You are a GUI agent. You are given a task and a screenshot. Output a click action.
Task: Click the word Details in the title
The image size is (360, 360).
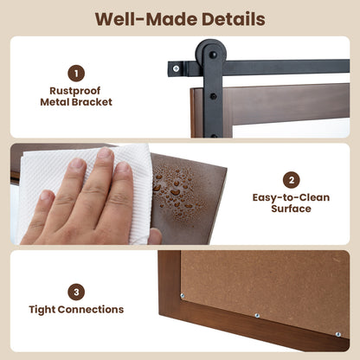(234, 19)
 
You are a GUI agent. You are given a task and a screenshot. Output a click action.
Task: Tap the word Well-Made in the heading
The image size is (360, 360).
(146, 19)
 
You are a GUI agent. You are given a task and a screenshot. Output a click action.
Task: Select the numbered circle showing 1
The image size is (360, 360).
(76, 74)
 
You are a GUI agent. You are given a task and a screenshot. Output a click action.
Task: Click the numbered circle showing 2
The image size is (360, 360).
(292, 180)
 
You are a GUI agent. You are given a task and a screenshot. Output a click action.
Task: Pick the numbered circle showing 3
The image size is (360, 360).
(76, 292)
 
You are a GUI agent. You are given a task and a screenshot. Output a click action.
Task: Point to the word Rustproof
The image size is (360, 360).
(75, 91)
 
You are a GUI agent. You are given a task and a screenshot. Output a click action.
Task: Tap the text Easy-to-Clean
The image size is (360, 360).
(291, 197)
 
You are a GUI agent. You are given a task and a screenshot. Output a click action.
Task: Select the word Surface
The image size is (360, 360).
(291, 209)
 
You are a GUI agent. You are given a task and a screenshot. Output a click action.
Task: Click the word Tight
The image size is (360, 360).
(43, 310)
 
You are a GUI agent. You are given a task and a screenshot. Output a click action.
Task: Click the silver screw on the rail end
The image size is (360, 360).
(176, 68)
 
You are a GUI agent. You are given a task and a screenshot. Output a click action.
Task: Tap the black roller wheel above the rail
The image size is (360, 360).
(212, 54)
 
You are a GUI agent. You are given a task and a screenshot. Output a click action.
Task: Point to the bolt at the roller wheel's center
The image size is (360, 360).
(213, 55)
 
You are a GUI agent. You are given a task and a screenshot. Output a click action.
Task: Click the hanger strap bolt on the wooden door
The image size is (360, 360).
(213, 96)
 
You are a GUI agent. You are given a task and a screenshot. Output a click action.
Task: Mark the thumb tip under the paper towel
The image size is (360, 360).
(155, 236)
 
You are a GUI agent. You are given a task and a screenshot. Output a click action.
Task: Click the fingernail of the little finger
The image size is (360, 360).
(46, 196)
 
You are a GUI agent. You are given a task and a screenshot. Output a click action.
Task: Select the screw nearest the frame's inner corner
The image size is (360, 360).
(183, 296)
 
